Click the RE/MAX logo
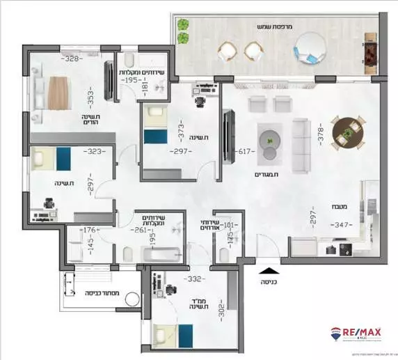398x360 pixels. point(359,336)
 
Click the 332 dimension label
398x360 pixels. point(194,279)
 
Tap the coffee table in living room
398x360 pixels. point(269,136)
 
